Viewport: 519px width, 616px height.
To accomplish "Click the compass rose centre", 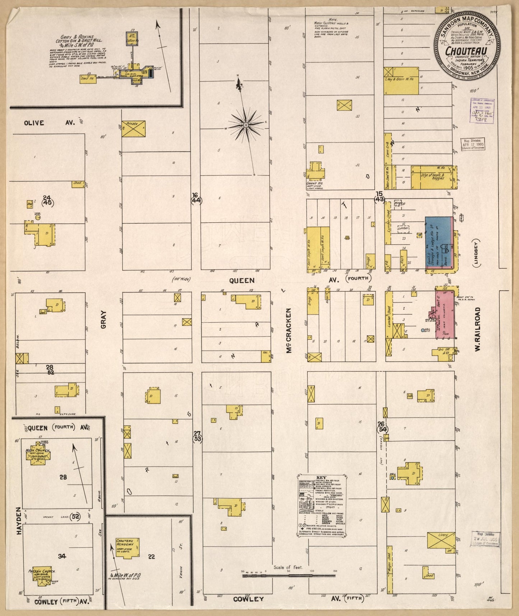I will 246,125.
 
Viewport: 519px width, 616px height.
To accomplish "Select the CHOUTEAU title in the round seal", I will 466,51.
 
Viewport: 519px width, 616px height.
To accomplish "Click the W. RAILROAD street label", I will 477,329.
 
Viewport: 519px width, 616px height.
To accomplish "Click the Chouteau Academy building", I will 127,548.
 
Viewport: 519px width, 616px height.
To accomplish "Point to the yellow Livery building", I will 441,540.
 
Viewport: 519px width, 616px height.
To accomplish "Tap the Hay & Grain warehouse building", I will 402,81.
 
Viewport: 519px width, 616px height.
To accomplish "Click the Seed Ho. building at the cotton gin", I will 88,78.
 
